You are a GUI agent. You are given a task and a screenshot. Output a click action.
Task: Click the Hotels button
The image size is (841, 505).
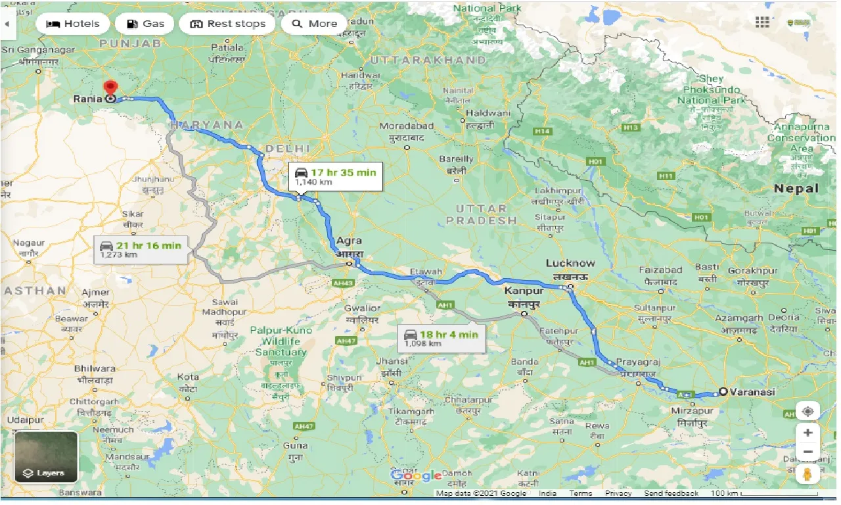(72, 24)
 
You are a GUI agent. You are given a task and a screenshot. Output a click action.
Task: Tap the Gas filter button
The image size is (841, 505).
(145, 24)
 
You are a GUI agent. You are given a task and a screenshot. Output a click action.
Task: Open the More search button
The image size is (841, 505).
(314, 24)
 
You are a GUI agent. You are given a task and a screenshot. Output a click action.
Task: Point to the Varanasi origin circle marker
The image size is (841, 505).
(723, 391)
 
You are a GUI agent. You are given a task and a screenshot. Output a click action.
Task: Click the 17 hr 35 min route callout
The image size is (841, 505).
(336, 176)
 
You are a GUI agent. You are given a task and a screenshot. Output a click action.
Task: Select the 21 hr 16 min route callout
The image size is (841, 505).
(141, 249)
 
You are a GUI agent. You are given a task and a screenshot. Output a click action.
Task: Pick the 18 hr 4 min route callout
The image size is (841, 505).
(442, 338)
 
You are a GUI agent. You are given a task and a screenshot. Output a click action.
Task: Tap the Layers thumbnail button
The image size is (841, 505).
(46, 456)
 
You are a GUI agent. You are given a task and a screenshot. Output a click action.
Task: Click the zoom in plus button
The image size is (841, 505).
(807, 433)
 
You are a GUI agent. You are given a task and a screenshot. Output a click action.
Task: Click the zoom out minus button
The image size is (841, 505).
(807, 452)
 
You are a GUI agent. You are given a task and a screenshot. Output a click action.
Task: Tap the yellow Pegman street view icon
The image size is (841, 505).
(807, 475)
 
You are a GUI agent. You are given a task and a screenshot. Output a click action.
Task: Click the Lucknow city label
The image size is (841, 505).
(570, 264)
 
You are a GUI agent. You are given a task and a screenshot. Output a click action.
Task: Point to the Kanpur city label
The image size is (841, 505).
(524, 290)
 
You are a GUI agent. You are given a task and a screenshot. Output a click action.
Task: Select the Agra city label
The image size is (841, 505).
(349, 241)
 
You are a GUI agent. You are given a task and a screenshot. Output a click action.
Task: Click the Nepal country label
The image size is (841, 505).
(796, 188)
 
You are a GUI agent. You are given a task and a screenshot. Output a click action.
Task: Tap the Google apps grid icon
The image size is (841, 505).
(762, 23)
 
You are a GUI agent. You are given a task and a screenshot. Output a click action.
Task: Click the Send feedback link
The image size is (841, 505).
(671, 493)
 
